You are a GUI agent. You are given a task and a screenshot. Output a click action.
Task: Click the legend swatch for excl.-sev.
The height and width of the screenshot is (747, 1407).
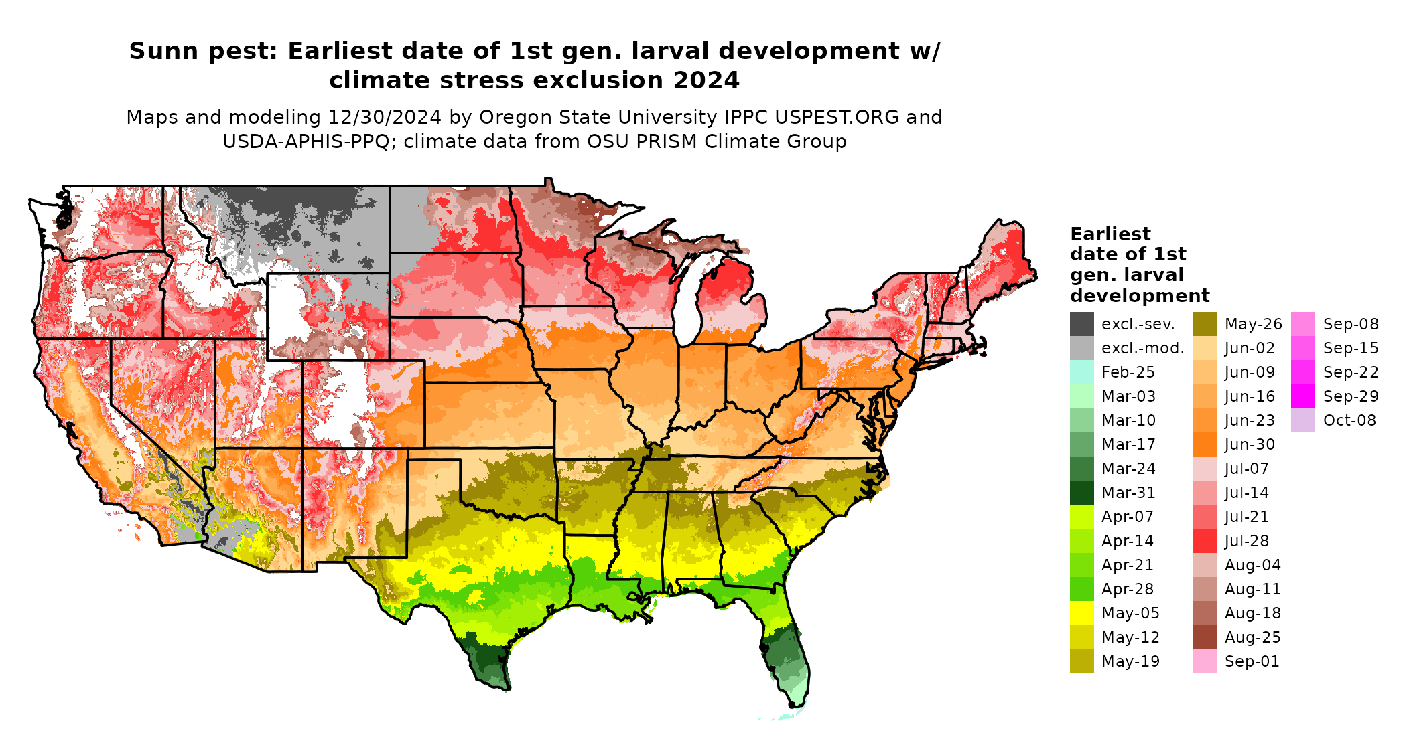coord(1081,324)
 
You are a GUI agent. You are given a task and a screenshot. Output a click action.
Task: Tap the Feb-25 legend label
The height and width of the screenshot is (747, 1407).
coord(1128,372)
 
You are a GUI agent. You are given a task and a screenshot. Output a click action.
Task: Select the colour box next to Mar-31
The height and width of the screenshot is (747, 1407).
coord(1081,493)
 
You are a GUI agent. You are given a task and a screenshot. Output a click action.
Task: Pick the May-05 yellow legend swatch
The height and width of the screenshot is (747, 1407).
coord(1081,613)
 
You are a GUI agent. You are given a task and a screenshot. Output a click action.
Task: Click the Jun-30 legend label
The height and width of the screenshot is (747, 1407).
coord(1250,444)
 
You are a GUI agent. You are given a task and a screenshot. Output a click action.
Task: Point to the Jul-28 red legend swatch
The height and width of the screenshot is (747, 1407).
coord(1204,541)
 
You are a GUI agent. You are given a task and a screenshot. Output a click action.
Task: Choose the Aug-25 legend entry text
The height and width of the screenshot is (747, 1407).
coord(1252,637)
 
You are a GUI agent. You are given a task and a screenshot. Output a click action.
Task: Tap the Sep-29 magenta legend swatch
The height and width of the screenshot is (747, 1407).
coord(1302,396)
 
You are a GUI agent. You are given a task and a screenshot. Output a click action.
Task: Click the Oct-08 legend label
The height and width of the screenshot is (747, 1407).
coord(1349,420)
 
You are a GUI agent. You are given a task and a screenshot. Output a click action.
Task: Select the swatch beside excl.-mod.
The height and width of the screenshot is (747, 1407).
coord(1081,348)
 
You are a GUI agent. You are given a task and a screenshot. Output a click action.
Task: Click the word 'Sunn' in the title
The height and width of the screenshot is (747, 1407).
coord(162,51)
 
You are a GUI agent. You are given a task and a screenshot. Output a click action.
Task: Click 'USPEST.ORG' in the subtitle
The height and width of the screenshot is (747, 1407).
coord(837,117)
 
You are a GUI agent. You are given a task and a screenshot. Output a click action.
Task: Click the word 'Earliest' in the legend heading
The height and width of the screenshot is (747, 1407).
coord(1110,234)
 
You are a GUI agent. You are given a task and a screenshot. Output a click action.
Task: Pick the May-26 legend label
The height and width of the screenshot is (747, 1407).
coord(1253,324)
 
